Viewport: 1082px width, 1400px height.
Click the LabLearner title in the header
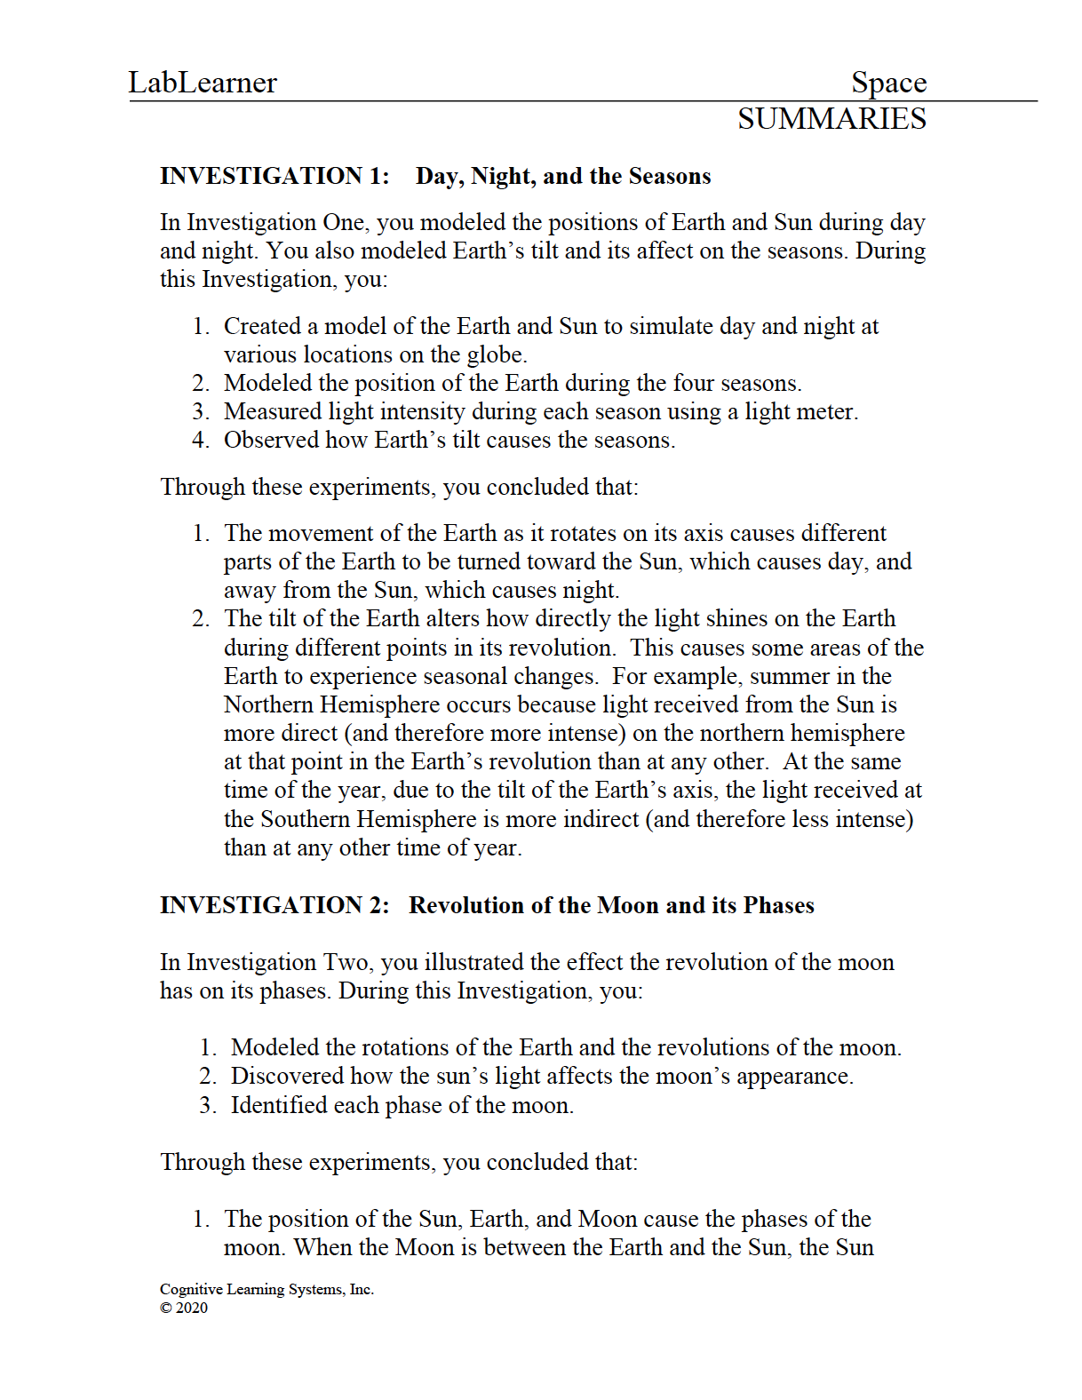point(203,83)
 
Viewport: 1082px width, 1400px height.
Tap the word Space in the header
point(888,83)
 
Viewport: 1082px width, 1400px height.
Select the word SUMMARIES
point(831,119)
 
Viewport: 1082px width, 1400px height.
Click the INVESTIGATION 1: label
point(274,176)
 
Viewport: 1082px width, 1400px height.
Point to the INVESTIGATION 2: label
point(274,905)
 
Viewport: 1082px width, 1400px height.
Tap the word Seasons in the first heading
point(670,176)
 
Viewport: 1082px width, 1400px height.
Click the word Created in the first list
point(262,326)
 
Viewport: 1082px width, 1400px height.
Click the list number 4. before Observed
point(201,440)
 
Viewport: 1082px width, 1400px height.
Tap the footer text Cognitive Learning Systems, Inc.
point(267,1289)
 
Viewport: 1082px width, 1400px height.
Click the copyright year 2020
point(192,1308)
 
